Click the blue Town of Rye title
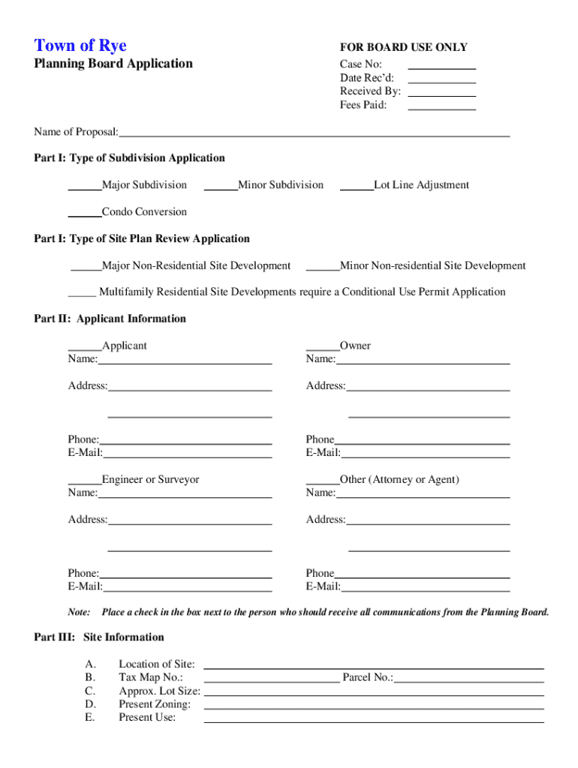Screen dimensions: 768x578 click(80, 46)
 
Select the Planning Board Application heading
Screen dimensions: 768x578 click(113, 64)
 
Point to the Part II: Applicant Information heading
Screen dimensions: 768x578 click(110, 319)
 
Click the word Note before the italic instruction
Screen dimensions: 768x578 click(80, 612)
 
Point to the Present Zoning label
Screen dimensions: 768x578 click(155, 704)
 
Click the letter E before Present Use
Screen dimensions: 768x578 click(89, 718)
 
